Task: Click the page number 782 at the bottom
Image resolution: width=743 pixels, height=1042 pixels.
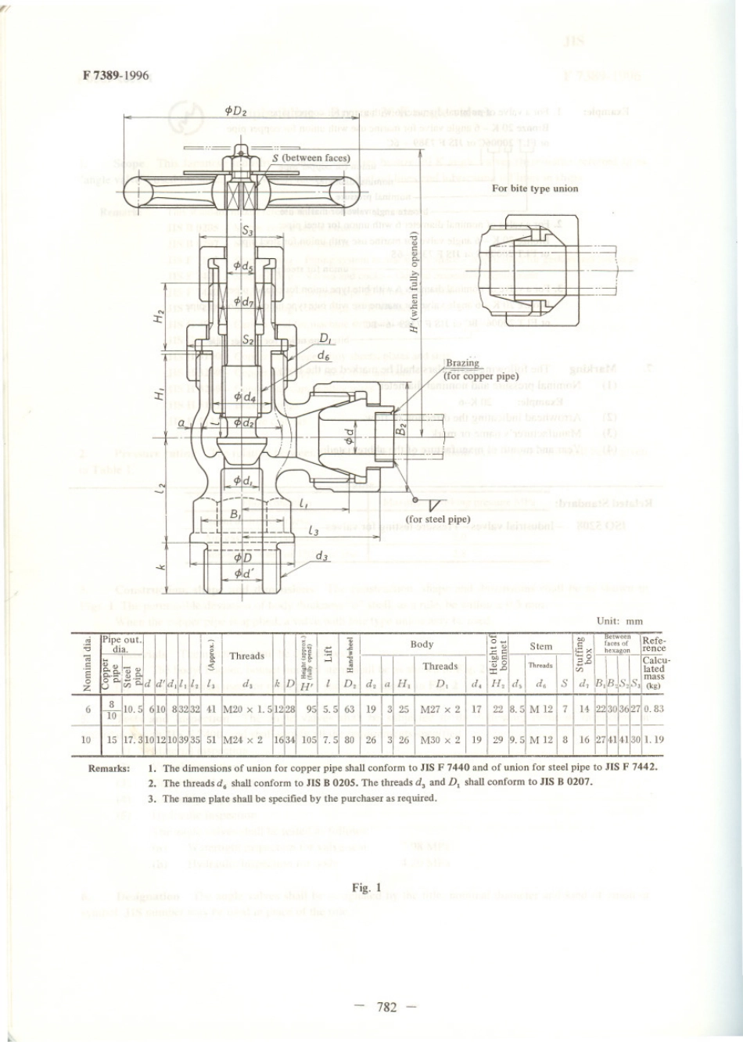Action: point(386,1007)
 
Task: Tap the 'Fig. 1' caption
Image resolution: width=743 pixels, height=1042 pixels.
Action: point(366,887)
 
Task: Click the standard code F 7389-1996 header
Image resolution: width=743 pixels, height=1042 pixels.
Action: point(115,76)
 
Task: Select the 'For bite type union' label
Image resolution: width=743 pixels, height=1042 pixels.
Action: point(535,189)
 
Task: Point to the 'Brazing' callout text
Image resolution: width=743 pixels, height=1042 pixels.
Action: point(462,363)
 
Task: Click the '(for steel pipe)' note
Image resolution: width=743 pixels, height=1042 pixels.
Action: point(438,519)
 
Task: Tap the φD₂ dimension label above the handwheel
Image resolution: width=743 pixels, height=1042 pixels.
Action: point(235,111)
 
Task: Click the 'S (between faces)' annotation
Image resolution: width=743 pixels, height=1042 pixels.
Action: point(311,158)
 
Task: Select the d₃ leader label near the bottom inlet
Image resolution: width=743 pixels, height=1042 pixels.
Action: point(321,556)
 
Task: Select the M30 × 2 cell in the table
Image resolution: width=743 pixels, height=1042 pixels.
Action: point(440,739)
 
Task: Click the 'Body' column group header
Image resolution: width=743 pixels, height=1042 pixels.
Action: point(422,645)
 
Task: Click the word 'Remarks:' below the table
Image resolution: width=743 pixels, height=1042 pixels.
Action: point(109,768)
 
